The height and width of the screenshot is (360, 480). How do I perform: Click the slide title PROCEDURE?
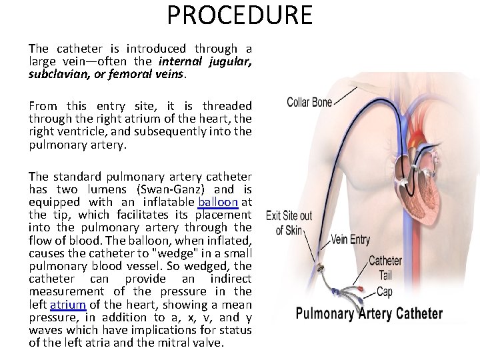[x=239, y=15]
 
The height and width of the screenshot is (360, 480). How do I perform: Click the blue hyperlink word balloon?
[x=218, y=202]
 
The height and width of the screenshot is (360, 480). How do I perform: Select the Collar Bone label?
[x=309, y=102]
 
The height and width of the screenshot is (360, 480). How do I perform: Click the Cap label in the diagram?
[x=384, y=292]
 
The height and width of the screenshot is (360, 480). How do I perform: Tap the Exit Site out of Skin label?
[x=289, y=223]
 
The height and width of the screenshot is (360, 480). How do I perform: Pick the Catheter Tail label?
[x=385, y=267]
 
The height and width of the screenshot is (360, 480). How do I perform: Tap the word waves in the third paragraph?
[x=47, y=330]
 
